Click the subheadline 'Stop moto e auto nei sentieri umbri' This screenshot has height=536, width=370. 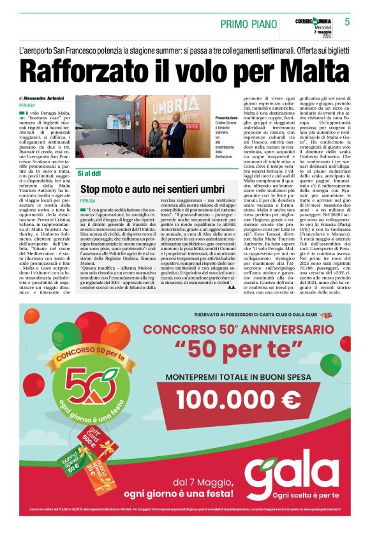(x=152, y=190)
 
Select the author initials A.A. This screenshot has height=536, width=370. (x=231, y=287)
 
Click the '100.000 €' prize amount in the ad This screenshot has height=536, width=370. (x=239, y=399)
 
